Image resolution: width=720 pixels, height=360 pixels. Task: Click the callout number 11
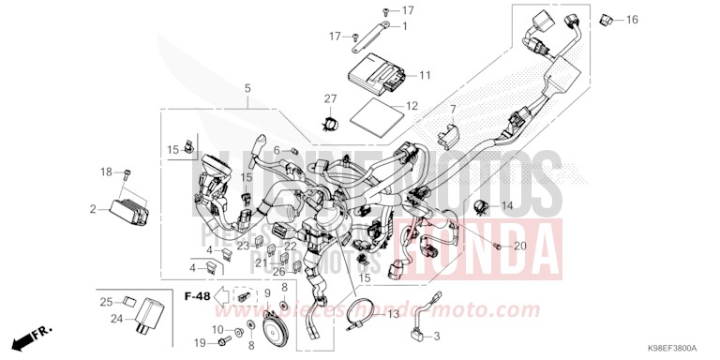pos(425,75)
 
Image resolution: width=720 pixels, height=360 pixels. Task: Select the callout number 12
pos(412,107)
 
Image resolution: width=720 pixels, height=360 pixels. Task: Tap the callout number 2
pos(94,208)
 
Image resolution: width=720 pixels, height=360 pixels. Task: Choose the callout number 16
pos(632,19)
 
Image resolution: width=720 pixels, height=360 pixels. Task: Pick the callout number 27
pos(330,98)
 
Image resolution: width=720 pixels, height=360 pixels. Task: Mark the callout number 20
pos(520,246)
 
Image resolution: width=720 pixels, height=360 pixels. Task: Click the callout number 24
pos(117,319)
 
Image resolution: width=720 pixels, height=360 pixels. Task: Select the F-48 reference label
pos(198,296)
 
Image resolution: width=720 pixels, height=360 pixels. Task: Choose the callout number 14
pos(507,205)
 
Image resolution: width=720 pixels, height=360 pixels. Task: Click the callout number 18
pos(106,172)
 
